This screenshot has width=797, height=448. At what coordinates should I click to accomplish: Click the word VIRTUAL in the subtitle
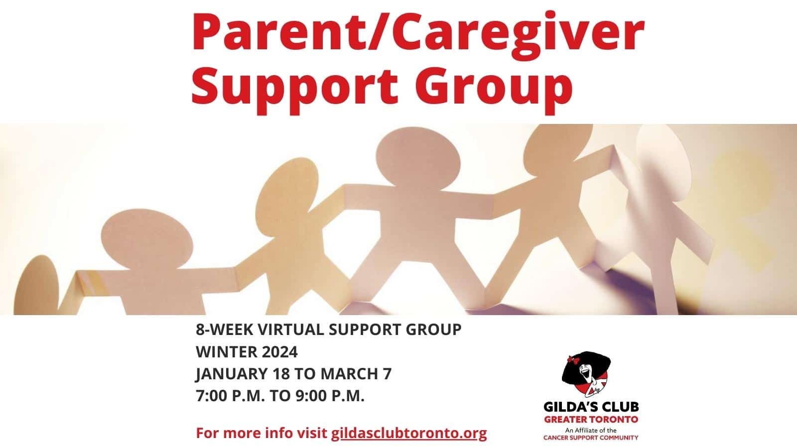290,330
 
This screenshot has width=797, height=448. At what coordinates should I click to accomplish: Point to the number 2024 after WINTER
279,352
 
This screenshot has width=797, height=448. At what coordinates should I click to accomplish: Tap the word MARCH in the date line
349,374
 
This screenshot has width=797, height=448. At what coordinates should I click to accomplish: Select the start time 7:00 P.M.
230,396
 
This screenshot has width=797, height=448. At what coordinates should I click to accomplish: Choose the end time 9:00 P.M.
330,396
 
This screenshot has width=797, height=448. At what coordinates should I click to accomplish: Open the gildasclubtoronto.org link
409,434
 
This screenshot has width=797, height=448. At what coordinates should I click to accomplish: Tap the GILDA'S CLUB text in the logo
591,406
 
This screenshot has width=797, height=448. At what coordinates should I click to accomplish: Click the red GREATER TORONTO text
591,419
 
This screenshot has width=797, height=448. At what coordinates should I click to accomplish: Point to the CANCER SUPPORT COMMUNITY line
591,438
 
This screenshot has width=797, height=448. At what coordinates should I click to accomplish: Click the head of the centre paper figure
418,158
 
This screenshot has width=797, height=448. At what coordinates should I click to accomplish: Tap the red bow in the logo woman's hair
573,360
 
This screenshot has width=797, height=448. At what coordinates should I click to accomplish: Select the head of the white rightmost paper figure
664,162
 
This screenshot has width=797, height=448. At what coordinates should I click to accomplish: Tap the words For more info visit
262,434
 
